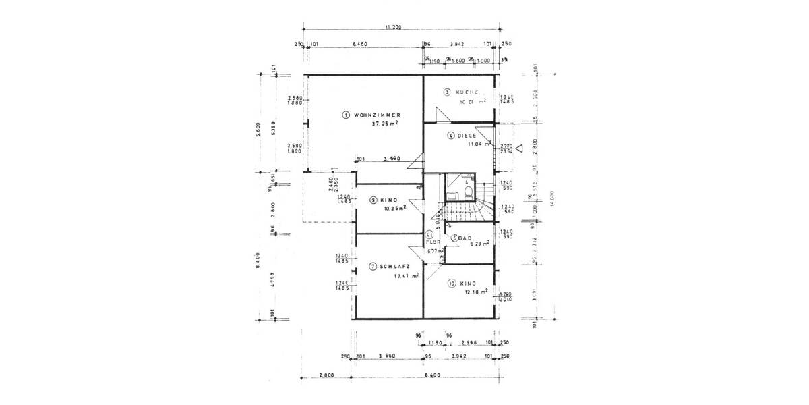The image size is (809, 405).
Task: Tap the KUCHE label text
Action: [x=467, y=92]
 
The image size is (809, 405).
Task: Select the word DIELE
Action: [x=467, y=135]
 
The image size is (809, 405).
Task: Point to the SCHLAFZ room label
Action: [x=394, y=267]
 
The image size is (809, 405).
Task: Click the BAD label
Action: [x=466, y=238]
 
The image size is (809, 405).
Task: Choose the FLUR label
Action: [x=433, y=241]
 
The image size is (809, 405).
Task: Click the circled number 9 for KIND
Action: [x=373, y=200]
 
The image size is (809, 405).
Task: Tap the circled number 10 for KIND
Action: [x=451, y=283]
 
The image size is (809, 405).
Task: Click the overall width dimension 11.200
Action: [x=393, y=27]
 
